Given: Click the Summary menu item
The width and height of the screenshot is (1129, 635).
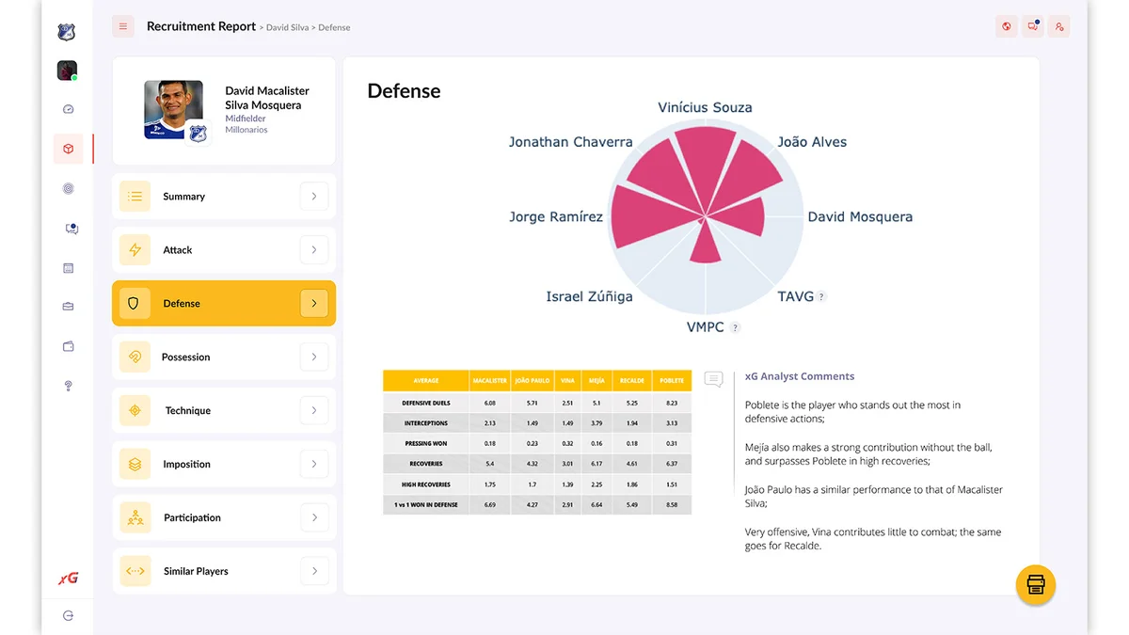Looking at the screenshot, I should point(183,197).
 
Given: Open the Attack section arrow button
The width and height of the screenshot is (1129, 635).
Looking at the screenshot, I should point(313,250).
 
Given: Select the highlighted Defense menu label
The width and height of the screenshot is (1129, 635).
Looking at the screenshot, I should point(182,304).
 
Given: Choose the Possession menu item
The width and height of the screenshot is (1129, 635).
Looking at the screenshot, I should point(185,357).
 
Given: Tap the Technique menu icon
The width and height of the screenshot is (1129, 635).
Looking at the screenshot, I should point(135,411).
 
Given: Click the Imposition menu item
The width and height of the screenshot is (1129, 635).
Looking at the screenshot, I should point(186,465).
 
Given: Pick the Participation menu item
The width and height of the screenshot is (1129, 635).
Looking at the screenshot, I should point(192,518).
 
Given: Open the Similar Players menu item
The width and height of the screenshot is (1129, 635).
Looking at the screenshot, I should point(196,572).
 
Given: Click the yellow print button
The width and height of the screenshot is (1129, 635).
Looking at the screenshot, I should point(1035,584).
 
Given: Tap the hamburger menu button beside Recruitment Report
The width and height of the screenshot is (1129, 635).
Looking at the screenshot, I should point(123,26).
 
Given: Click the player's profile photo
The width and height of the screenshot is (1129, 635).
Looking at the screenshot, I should point(173,109).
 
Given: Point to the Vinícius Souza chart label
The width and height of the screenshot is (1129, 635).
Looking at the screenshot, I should point(705,107).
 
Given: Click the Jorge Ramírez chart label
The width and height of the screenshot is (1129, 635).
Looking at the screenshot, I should point(555,217).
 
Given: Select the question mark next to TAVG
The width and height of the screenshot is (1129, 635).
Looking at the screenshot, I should point(821,297).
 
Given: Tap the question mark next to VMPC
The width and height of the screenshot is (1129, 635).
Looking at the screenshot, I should point(736,328).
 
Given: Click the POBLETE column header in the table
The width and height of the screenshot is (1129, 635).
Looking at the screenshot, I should point(672,381).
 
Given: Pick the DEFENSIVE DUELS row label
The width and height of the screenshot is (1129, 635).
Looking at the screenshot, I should point(425,403).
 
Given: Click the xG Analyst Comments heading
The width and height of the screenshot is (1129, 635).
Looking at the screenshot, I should point(799,376).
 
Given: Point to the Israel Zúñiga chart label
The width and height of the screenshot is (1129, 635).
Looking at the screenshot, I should point(589,296).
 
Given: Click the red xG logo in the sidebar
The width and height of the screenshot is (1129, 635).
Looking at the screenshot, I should point(68,579).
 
